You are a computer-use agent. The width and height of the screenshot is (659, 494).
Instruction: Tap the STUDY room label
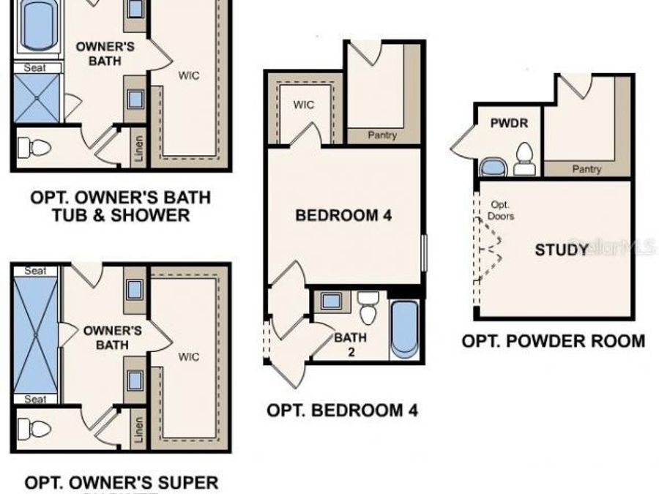[x=562, y=250]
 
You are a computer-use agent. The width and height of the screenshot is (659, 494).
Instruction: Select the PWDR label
[x=509, y=124]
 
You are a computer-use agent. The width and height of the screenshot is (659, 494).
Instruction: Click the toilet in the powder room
[x=524, y=159]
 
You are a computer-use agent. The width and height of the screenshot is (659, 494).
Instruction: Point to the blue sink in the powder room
[x=494, y=168]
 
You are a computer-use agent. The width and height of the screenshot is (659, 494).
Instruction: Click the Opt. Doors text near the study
[x=501, y=211]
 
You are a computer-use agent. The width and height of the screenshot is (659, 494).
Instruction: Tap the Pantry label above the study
[x=587, y=169]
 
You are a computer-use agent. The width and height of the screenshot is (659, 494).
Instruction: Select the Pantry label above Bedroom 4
[x=381, y=135]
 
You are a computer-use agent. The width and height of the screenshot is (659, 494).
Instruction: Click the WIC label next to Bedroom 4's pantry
[x=304, y=105]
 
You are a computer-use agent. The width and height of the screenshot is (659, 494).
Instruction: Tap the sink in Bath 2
[x=331, y=300]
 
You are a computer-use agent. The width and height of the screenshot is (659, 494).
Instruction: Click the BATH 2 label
[x=350, y=344]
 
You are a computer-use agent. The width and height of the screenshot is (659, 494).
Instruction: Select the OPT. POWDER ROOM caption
[x=554, y=341]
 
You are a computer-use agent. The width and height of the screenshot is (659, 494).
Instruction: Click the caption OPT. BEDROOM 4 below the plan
[x=342, y=411]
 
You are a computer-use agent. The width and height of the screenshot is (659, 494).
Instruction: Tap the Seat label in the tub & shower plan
[x=36, y=67]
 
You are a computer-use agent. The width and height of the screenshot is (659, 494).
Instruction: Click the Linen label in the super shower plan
[x=138, y=433]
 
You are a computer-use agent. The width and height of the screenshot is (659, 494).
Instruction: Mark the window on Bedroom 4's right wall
[x=423, y=252]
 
